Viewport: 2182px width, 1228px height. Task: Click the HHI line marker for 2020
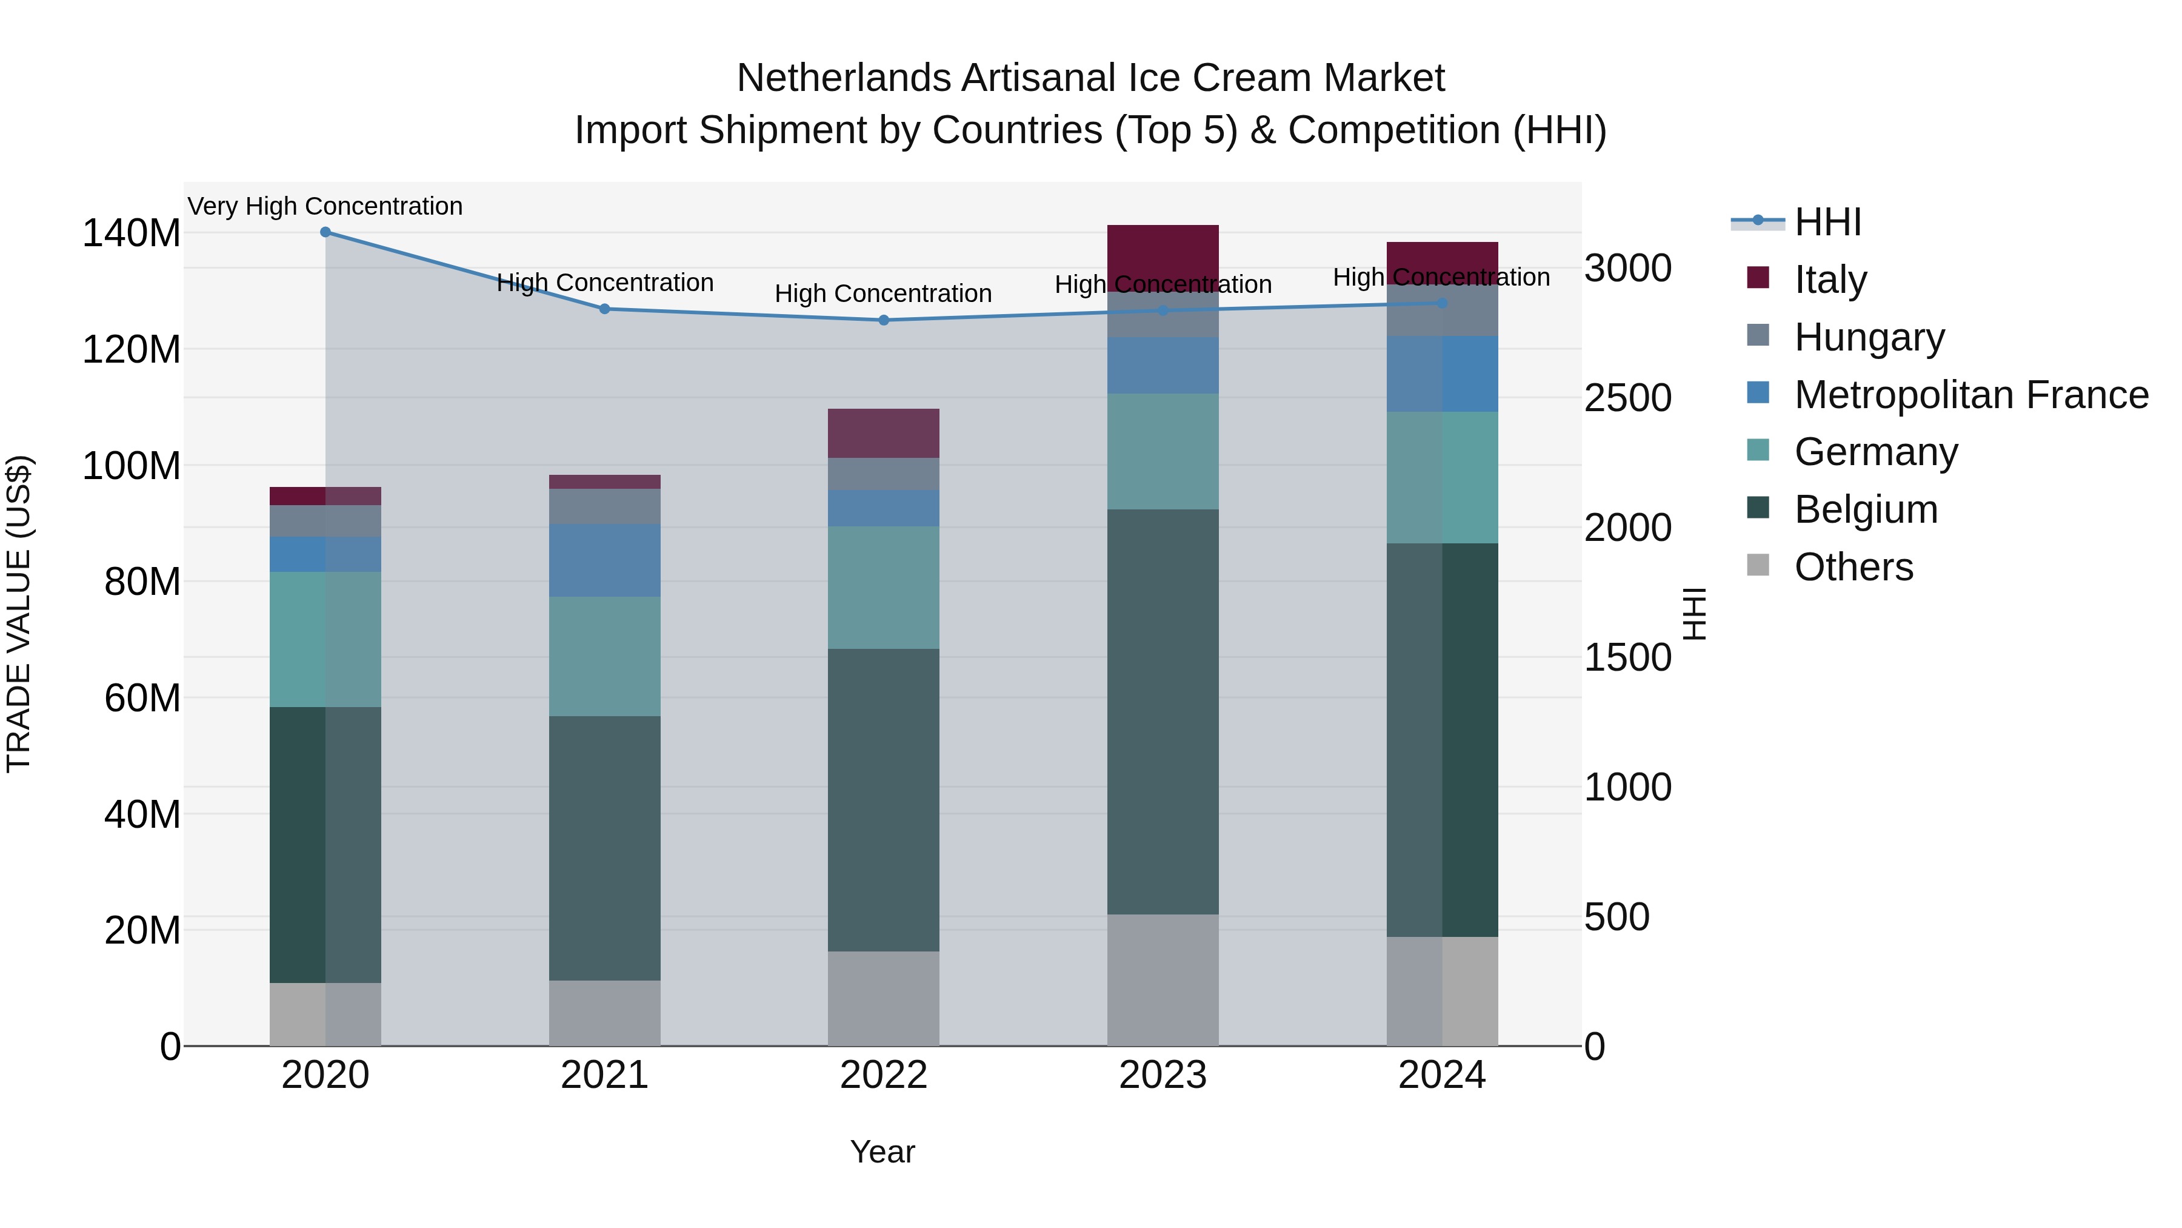[x=325, y=232]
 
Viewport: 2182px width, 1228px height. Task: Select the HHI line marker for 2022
[x=884, y=320]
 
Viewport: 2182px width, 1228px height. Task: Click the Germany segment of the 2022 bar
[x=884, y=587]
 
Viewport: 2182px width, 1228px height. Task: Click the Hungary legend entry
[x=1869, y=337]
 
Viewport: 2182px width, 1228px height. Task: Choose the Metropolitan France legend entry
[x=1970, y=395]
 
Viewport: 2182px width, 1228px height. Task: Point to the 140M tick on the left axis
[x=132, y=233]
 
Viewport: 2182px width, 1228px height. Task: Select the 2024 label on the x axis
[x=1442, y=1075]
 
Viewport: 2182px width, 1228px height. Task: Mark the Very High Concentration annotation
[x=325, y=206]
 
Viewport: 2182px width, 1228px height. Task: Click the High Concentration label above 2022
[x=884, y=294]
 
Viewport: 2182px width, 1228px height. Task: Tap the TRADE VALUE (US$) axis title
[x=19, y=614]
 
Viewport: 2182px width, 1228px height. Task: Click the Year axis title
[x=882, y=1152]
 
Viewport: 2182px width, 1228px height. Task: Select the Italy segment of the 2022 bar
[x=884, y=433]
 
